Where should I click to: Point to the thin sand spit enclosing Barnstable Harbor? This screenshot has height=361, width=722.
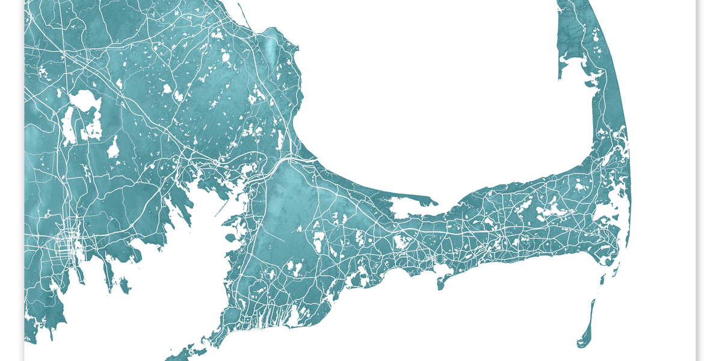tap(415, 198)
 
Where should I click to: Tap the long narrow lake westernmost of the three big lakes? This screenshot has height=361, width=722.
tap(68, 126)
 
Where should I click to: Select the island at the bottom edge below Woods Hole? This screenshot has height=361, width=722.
tap(187, 352)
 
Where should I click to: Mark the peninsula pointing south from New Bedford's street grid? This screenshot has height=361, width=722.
tap(78, 274)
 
